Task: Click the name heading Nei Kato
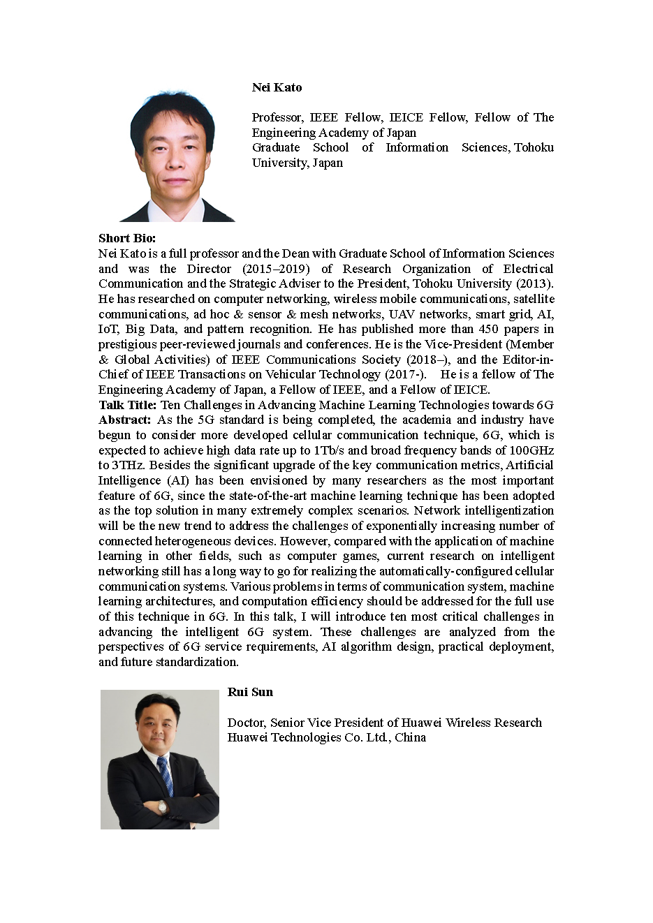click(277, 87)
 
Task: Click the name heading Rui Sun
click(250, 692)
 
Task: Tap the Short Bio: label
click(127, 238)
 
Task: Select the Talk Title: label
click(128, 405)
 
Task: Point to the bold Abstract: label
click(124, 420)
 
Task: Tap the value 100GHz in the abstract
click(531, 450)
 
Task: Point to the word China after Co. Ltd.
click(410, 737)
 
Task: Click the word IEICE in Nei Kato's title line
click(405, 117)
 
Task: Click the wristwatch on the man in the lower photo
click(162, 806)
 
